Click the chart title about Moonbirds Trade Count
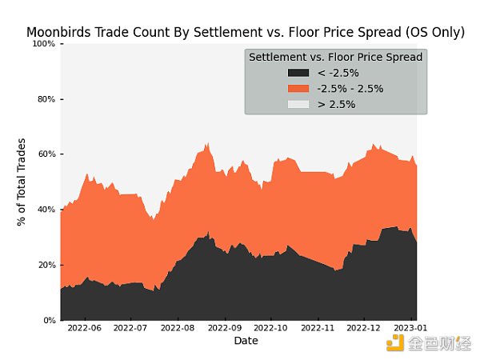point(246,33)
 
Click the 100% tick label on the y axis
point(44,43)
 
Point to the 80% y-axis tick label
point(46,99)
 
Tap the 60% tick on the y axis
point(46,154)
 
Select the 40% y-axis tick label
point(46,210)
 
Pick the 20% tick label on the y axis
point(46,265)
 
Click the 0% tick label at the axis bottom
point(48,320)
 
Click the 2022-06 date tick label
point(84,328)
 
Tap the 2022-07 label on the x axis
point(130,328)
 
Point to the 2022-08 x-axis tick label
point(178,328)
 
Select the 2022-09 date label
point(226,328)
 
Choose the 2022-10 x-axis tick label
point(272,328)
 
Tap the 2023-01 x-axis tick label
point(410,328)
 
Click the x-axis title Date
point(246,341)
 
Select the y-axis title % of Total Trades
point(22,182)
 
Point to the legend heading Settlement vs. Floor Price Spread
point(336,58)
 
